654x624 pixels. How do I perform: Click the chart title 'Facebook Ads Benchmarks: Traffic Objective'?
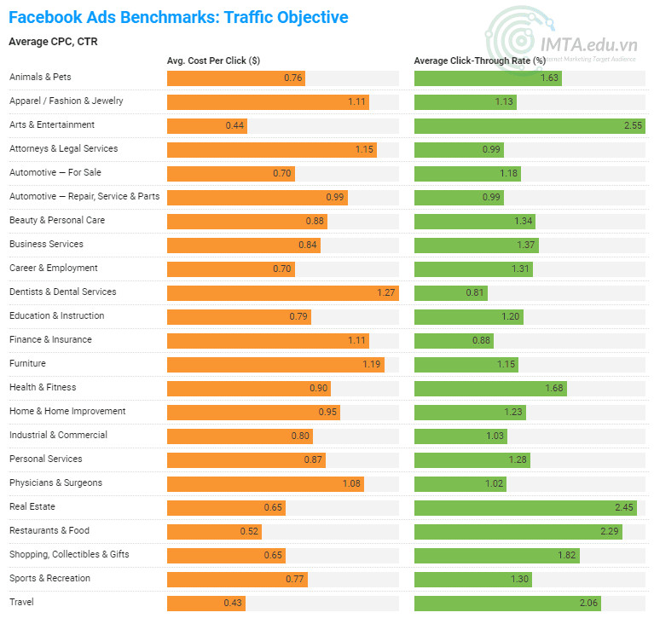click(178, 17)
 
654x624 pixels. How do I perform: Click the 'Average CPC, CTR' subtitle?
click(52, 41)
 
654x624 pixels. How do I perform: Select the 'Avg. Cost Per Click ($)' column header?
click(214, 61)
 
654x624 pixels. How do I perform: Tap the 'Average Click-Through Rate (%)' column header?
click(479, 61)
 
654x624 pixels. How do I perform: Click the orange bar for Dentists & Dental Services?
click(282, 292)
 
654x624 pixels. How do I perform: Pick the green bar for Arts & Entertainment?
click(529, 125)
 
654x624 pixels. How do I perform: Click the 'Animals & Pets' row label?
click(40, 78)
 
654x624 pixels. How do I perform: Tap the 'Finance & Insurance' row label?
click(50, 340)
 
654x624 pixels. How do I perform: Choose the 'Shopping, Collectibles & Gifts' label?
click(69, 555)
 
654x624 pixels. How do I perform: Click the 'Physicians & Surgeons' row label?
click(55, 483)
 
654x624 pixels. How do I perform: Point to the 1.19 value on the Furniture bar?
click(373, 364)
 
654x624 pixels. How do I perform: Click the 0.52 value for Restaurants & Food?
click(249, 531)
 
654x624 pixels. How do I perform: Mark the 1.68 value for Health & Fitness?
click(554, 388)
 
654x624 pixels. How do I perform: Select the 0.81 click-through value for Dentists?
click(475, 292)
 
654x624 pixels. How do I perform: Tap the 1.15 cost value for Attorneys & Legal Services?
click(365, 149)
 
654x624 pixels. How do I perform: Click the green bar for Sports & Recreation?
click(473, 579)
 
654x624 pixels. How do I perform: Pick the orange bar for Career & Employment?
click(230, 269)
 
